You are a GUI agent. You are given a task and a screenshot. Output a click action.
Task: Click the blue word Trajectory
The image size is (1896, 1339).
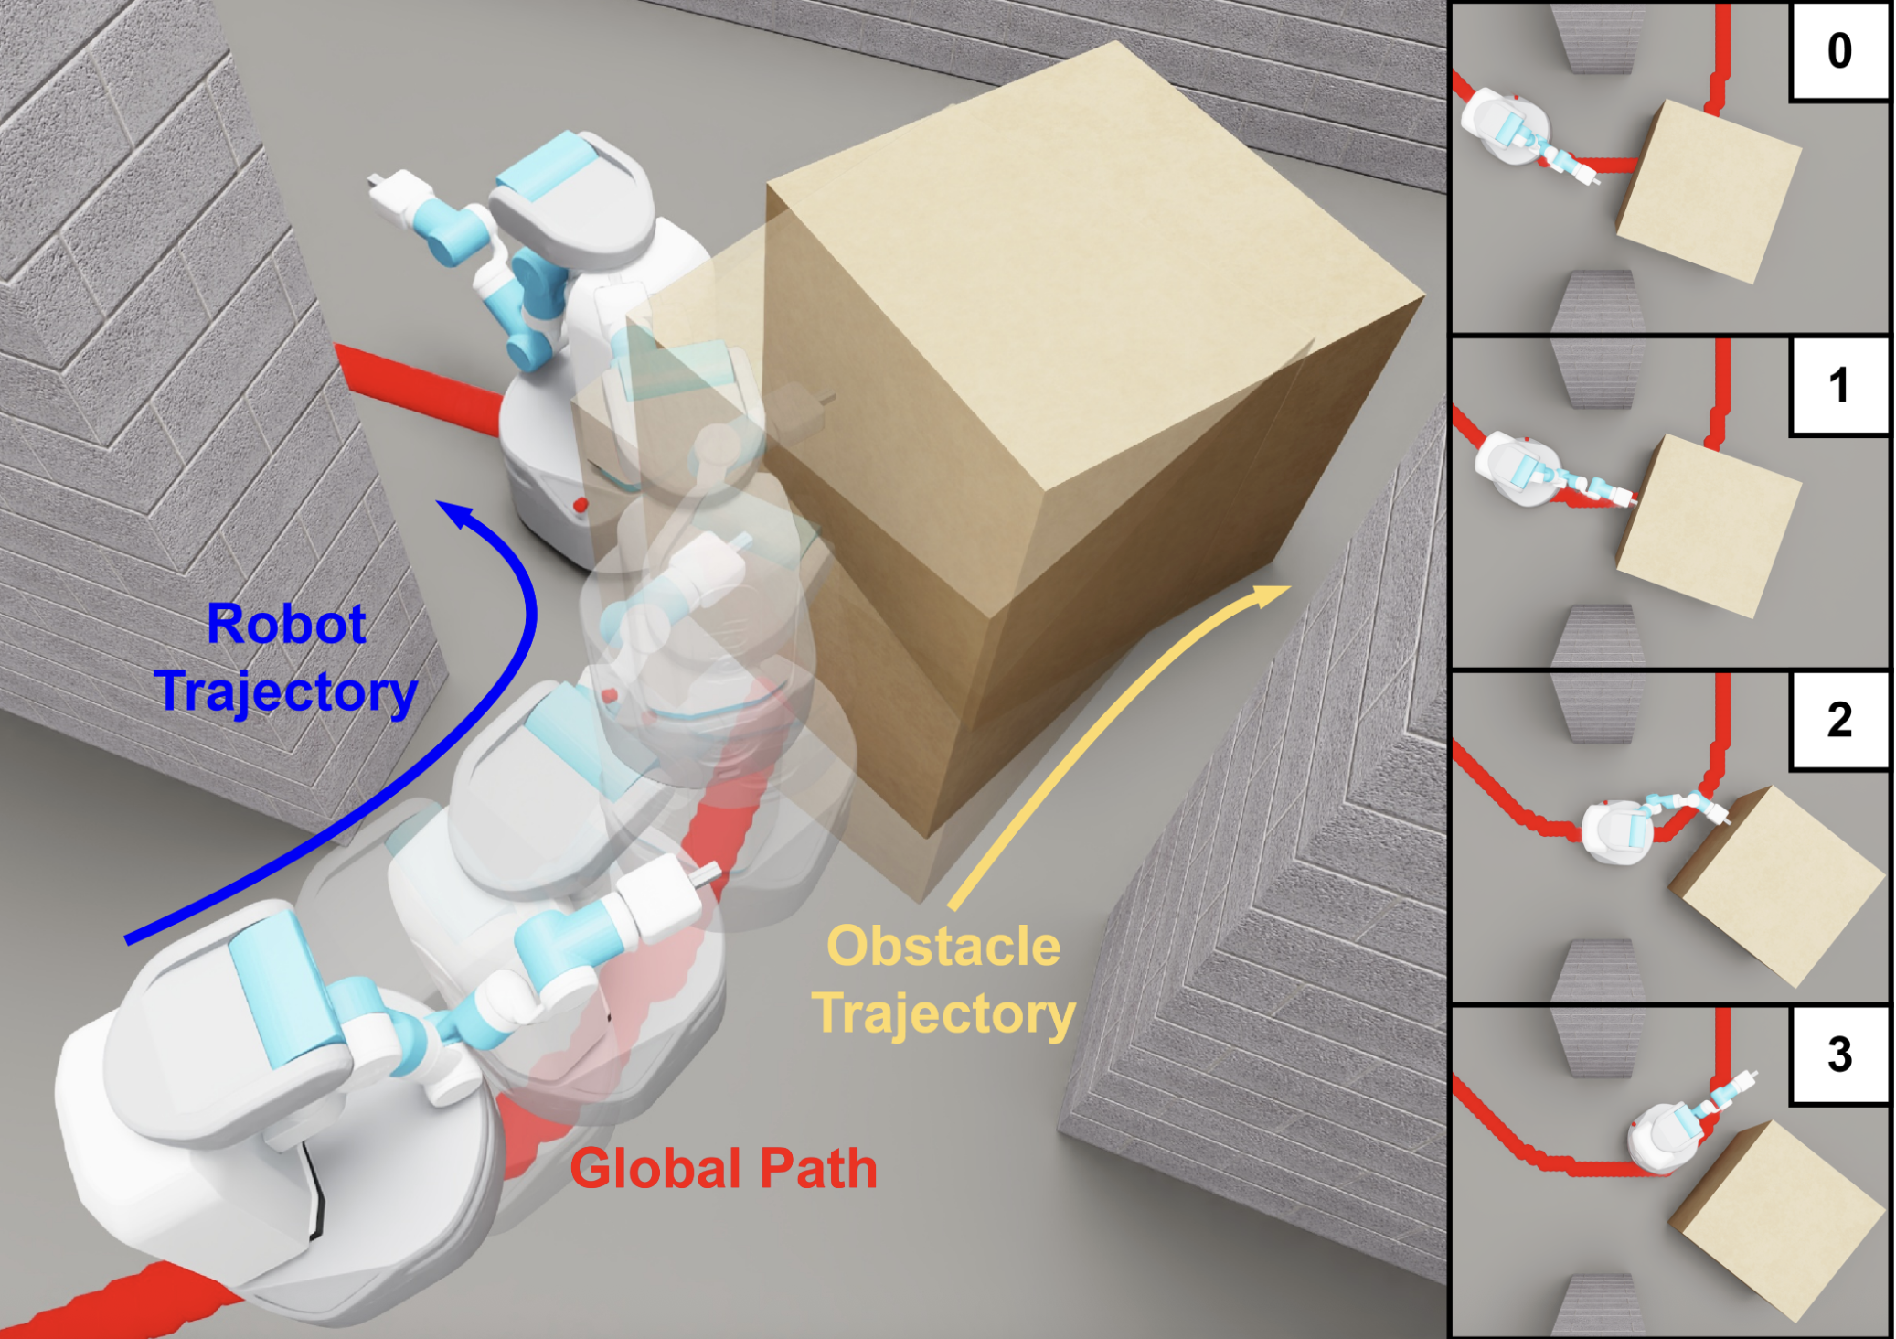285,691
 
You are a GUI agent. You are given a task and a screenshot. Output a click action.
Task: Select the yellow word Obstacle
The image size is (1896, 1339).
943,946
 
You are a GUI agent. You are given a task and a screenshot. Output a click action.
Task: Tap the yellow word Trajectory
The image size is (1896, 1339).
943,1014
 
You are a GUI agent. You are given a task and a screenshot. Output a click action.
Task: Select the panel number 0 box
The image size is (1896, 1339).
1839,51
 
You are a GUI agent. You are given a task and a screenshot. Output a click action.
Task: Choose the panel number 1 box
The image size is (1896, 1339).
1839,385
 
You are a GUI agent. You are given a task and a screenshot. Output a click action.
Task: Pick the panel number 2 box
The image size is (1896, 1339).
1839,720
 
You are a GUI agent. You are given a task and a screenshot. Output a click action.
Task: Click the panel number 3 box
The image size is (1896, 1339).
1839,1055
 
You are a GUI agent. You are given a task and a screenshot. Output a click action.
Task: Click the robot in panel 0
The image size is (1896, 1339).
1518,133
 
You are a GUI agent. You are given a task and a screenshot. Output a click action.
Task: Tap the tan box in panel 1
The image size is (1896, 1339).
1708,525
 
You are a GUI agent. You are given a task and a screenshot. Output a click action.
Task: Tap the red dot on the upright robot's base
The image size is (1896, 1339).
580,504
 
